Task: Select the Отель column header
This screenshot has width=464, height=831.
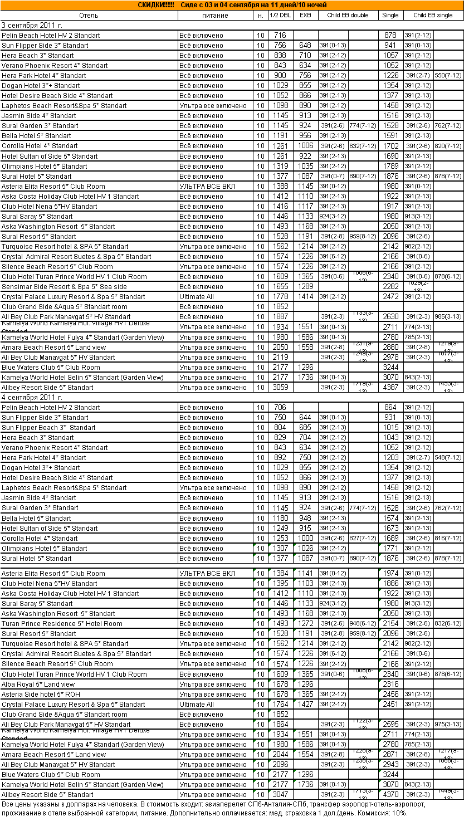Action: (x=89, y=15)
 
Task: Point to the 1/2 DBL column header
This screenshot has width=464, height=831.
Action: (x=280, y=15)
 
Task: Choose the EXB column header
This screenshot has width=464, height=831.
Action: (x=305, y=15)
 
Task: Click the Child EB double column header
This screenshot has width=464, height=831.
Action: (x=348, y=15)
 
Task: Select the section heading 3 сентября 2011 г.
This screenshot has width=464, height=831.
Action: (x=32, y=25)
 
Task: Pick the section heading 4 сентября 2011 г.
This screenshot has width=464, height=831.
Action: (x=32, y=397)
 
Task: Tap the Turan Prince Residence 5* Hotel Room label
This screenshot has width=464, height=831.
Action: (x=62, y=623)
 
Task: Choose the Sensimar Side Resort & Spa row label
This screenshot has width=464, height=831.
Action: (x=64, y=286)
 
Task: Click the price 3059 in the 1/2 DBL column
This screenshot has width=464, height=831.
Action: (x=280, y=387)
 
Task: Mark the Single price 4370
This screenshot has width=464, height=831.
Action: (x=390, y=794)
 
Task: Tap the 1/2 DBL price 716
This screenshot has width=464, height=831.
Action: (x=280, y=35)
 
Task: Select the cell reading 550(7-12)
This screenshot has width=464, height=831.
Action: (x=448, y=75)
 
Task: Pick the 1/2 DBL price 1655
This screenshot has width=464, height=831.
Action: (x=280, y=286)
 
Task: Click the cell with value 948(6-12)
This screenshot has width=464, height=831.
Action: (x=363, y=623)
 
